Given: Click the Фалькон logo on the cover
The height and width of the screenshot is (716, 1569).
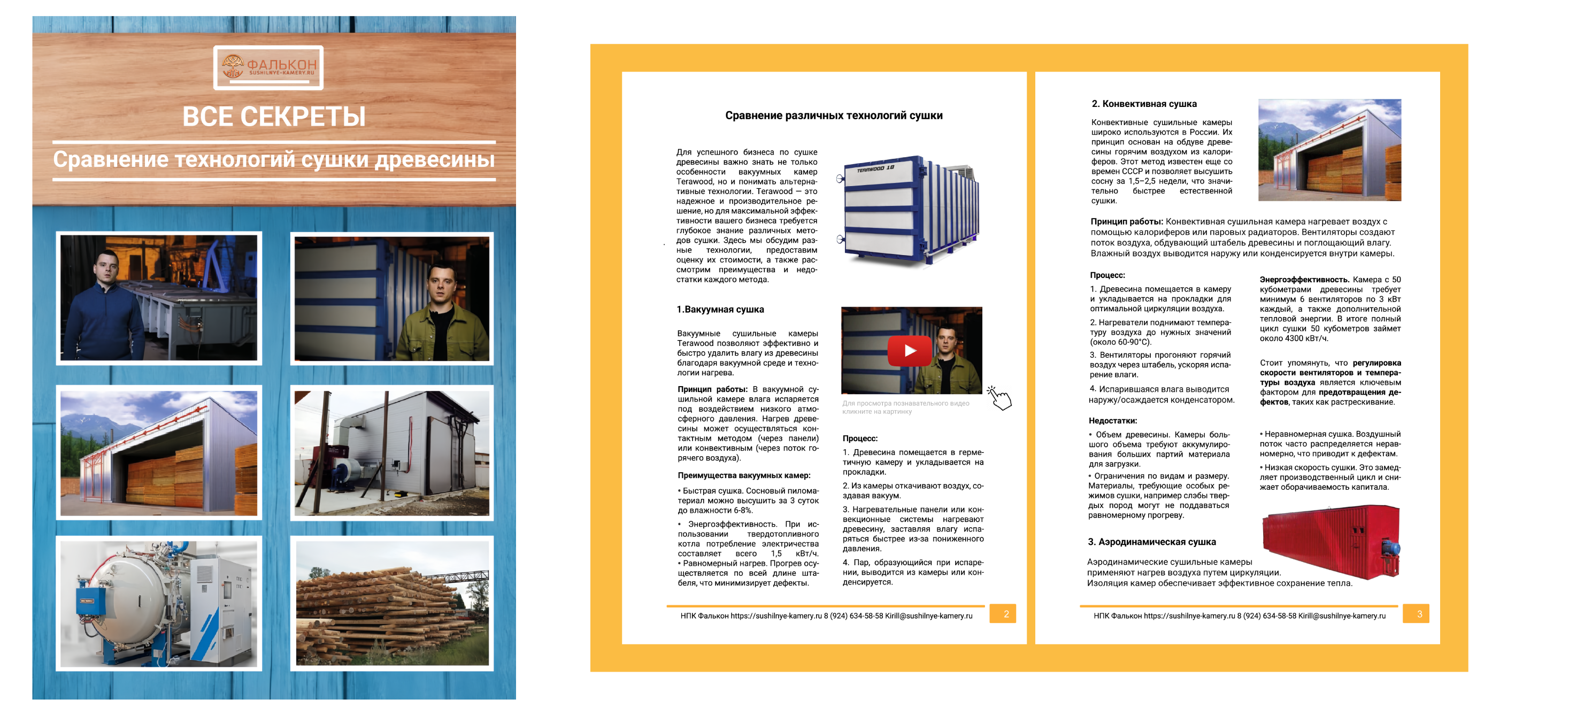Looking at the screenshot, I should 268,67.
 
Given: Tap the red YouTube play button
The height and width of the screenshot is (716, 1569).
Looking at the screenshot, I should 909,351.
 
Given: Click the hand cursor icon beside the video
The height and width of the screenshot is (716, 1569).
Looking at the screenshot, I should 999,398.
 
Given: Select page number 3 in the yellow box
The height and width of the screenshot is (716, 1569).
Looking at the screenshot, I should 1419,614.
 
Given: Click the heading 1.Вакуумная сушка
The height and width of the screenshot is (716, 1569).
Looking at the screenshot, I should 720,309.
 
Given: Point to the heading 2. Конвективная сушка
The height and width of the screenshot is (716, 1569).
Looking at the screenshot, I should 1144,104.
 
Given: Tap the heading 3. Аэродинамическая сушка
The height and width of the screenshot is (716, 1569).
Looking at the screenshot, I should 1152,542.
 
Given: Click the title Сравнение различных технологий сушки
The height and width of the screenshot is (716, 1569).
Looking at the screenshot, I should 833,116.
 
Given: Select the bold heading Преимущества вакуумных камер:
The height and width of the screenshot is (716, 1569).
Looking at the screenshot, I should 744,475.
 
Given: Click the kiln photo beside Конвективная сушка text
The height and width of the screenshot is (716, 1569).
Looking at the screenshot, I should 1329,150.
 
